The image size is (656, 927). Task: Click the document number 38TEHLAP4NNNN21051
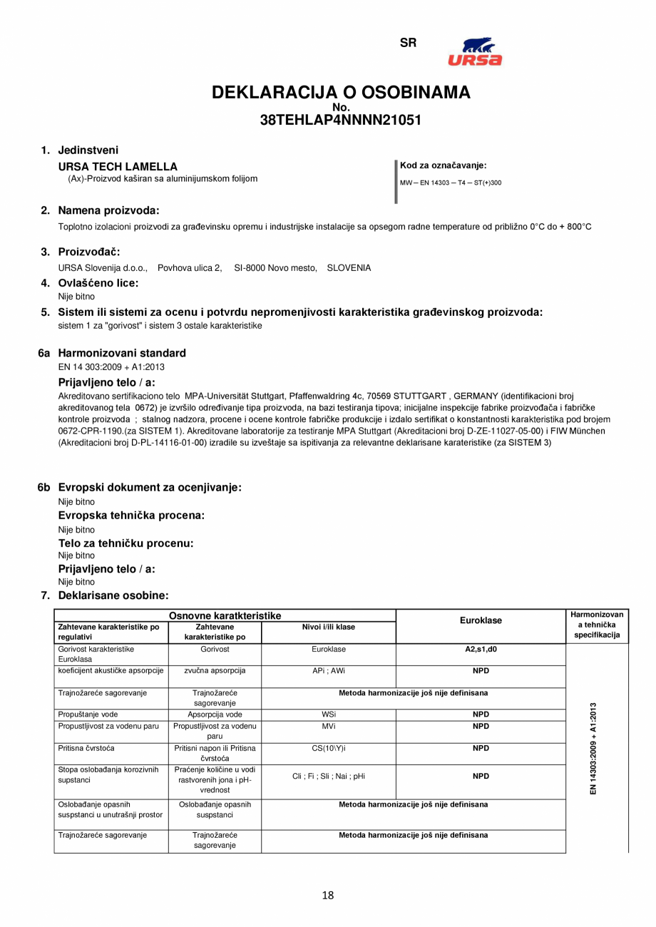point(341,121)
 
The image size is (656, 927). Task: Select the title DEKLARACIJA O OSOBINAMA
point(341,93)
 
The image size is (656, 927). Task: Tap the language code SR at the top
point(408,43)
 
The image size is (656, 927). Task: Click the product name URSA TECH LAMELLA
point(118,166)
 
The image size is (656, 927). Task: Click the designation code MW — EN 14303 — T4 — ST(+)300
point(451,183)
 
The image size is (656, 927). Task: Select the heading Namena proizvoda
point(108,210)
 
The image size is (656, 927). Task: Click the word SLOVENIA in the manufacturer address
point(349,268)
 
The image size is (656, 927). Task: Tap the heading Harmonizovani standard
point(121,353)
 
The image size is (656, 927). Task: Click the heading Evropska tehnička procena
point(131,516)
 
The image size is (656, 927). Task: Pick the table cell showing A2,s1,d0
point(481,650)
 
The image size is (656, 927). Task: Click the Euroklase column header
point(481,620)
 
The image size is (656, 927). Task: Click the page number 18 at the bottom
point(328,896)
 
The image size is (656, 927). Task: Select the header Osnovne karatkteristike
point(225,615)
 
